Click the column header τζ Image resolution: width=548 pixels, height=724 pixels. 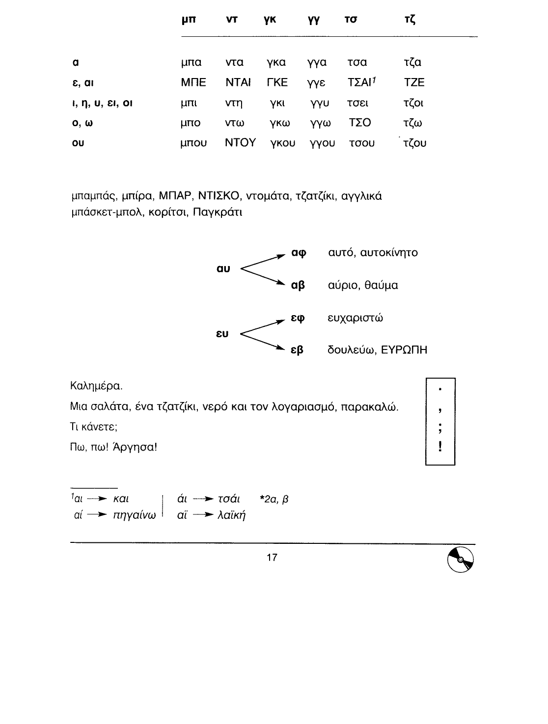click(x=408, y=21)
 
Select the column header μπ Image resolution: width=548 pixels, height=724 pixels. click(x=189, y=21)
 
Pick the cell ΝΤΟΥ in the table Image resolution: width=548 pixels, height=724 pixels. click(x=240, y=143)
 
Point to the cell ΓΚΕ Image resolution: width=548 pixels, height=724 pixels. click(x=277, y=82)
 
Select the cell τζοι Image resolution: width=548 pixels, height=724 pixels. click(x=412, y=103)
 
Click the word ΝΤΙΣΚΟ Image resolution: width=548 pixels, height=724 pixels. click(x=219, y=197)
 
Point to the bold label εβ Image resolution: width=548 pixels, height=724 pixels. click(x=298, y=350)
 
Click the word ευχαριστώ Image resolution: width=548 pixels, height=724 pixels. click(x=356, y=318)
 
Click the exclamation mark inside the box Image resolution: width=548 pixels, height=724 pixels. click(x=440, y=446)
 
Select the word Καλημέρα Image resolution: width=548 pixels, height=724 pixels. click(x=97, y=386)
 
